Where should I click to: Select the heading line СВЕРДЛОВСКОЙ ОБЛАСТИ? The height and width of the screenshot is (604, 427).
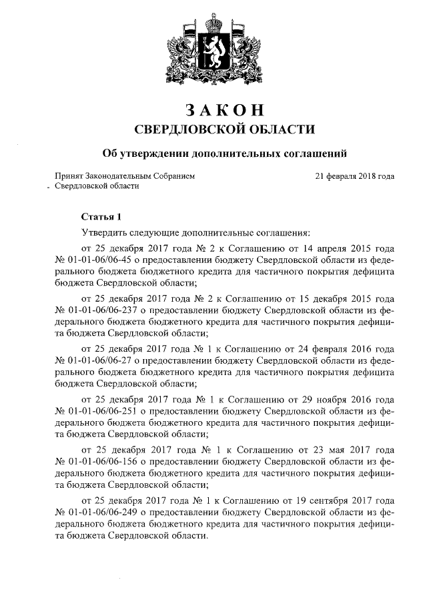(x=213, y=129)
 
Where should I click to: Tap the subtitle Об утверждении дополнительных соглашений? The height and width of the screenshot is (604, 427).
(x=213, y=154)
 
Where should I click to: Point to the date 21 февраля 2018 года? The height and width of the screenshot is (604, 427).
(x=354, y=176)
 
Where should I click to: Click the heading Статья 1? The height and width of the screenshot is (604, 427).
(x=101, y=216)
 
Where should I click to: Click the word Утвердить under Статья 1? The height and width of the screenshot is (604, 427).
(x=101, y=233)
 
